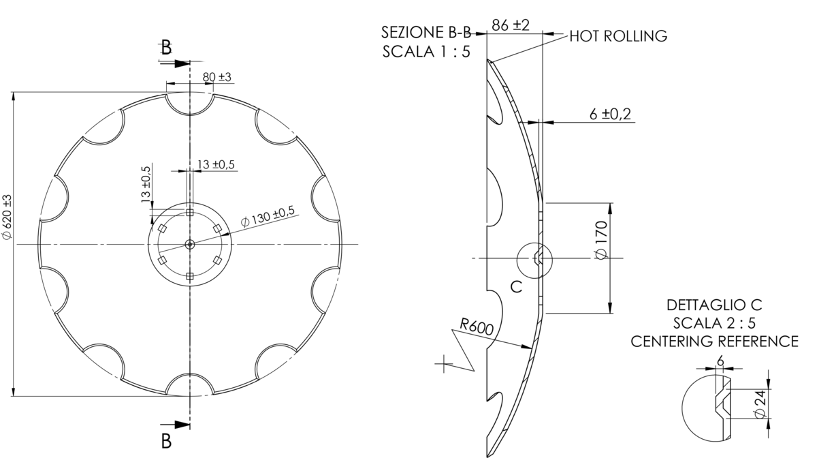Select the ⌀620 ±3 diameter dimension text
7,217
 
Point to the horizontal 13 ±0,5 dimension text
216,164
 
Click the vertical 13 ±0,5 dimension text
144,183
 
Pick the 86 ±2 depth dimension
511,25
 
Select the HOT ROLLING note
617,36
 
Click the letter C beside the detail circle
516,287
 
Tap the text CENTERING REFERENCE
714,341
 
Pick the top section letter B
166,47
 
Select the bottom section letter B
166,441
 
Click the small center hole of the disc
190,244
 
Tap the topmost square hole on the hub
190,213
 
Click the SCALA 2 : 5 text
714,322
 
